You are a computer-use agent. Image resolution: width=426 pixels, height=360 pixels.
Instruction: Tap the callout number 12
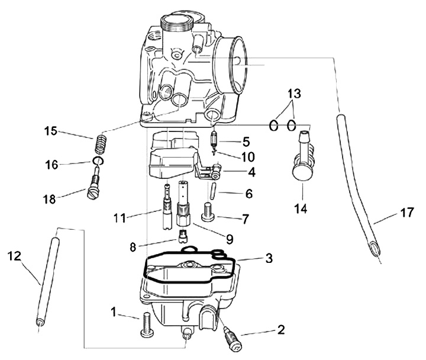[x=15, y=256]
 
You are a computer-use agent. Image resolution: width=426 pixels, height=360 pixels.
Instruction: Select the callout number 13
[x=293, y=94]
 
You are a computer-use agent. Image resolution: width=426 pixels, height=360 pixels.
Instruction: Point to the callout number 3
[x=269, y=259]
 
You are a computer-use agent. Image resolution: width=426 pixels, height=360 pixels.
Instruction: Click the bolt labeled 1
[x=147, y=325]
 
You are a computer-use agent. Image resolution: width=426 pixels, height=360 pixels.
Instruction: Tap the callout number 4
[x=252, y=173]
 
